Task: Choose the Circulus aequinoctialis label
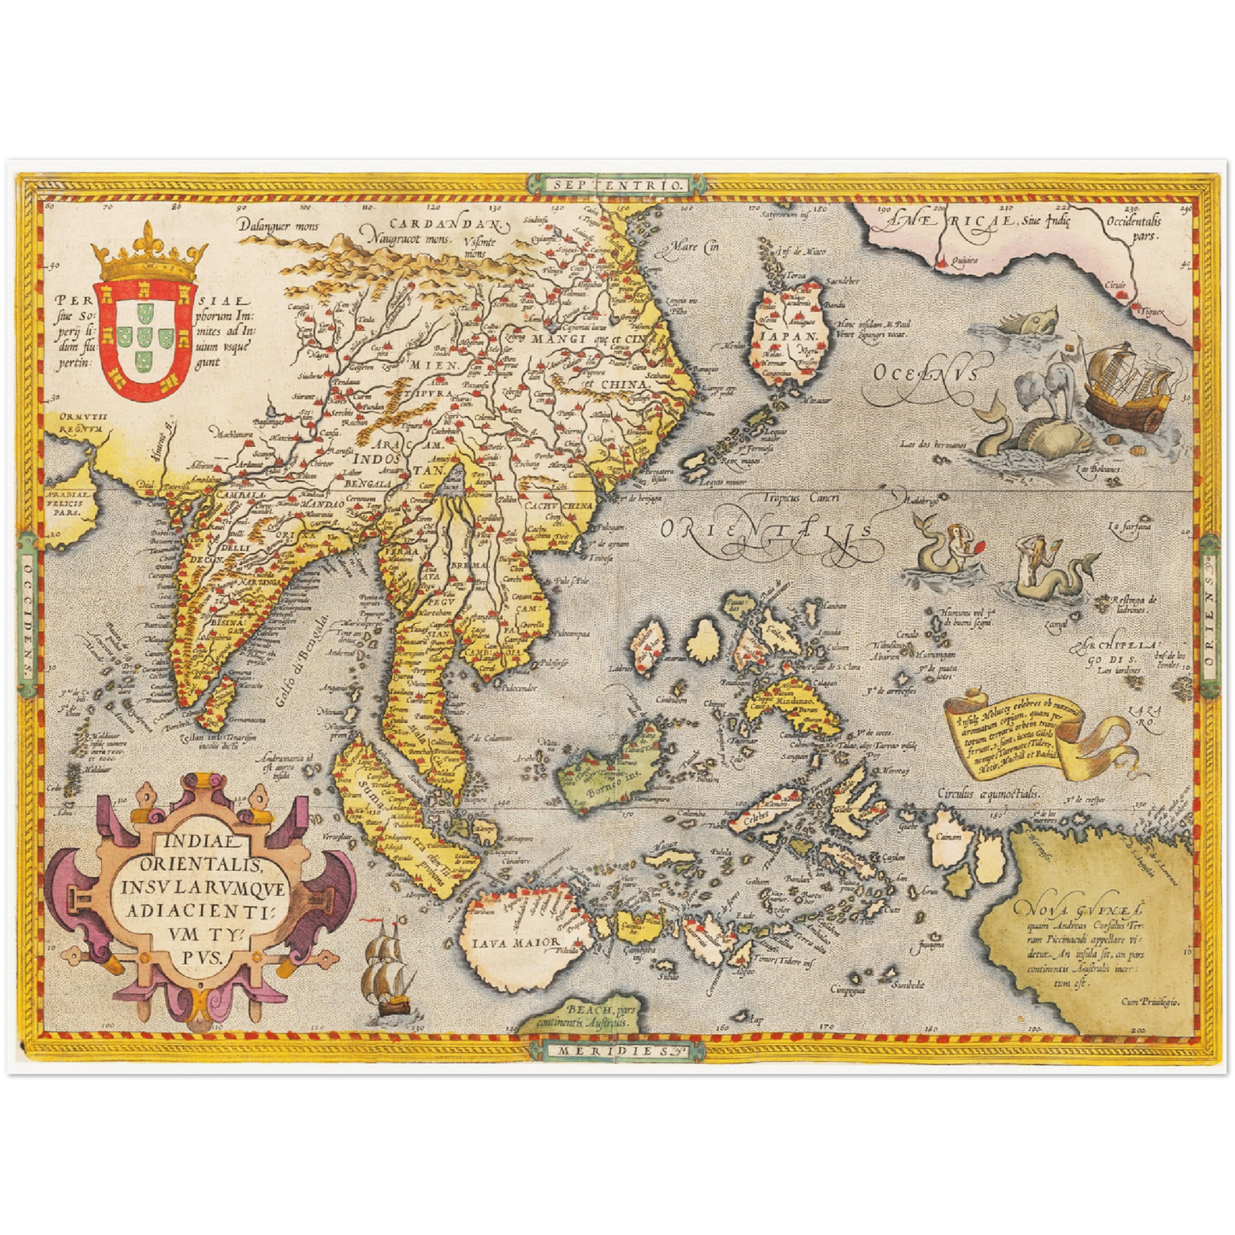point(990,793)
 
